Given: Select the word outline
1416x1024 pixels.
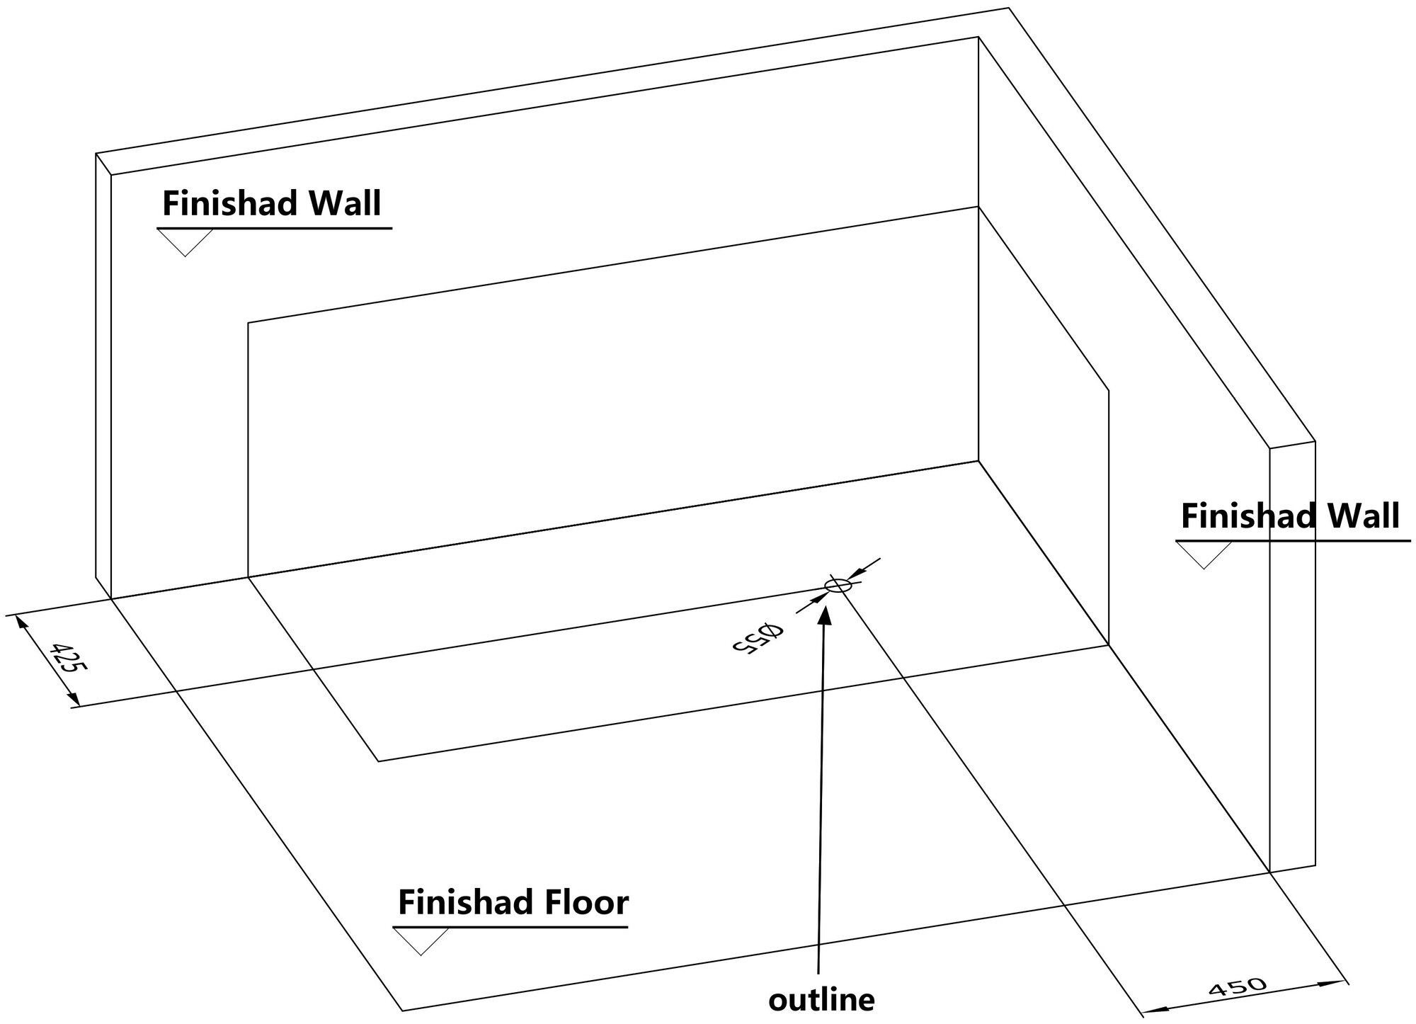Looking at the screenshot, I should coord(821,1000).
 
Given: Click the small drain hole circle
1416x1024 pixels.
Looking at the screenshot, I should coord(838,585).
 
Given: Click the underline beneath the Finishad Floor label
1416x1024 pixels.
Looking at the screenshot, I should coord(510,926).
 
